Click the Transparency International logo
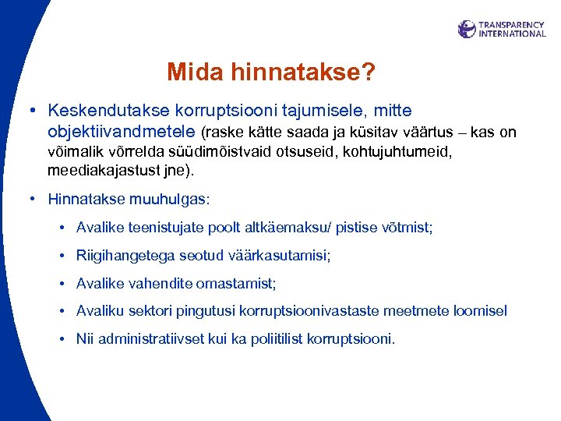[502, 30]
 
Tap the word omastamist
[235, 284]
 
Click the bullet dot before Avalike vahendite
[62, 284]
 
